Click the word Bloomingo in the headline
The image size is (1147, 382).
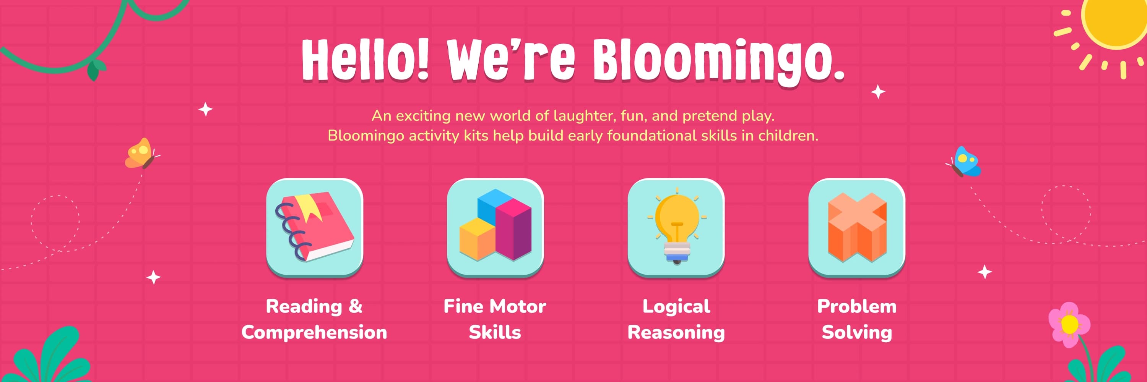[718, 60]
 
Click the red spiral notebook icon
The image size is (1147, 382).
[314, 227]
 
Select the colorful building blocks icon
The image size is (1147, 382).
[495, 225]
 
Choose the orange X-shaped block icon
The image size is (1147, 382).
[857, 227]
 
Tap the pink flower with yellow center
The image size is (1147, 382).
[1069, 325]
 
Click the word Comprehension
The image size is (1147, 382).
[314, 333]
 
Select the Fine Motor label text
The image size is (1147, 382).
[495, 306]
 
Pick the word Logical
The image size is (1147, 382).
[676, 307]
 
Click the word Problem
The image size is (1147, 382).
[857, 306]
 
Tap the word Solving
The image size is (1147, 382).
[857, 333]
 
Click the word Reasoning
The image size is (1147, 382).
[676, 333]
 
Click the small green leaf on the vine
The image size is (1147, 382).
[94, 70]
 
